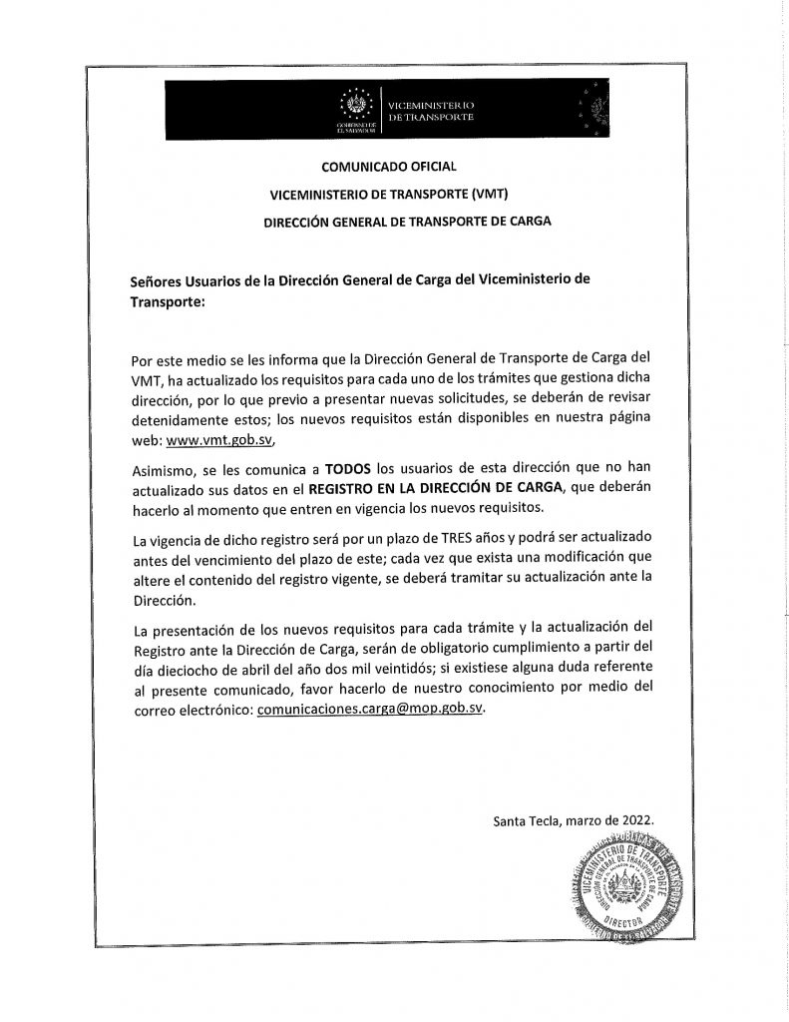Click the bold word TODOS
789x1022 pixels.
coord(353,467)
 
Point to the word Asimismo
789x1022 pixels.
coord(166,467)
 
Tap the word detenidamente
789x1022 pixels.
coord(183,420)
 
